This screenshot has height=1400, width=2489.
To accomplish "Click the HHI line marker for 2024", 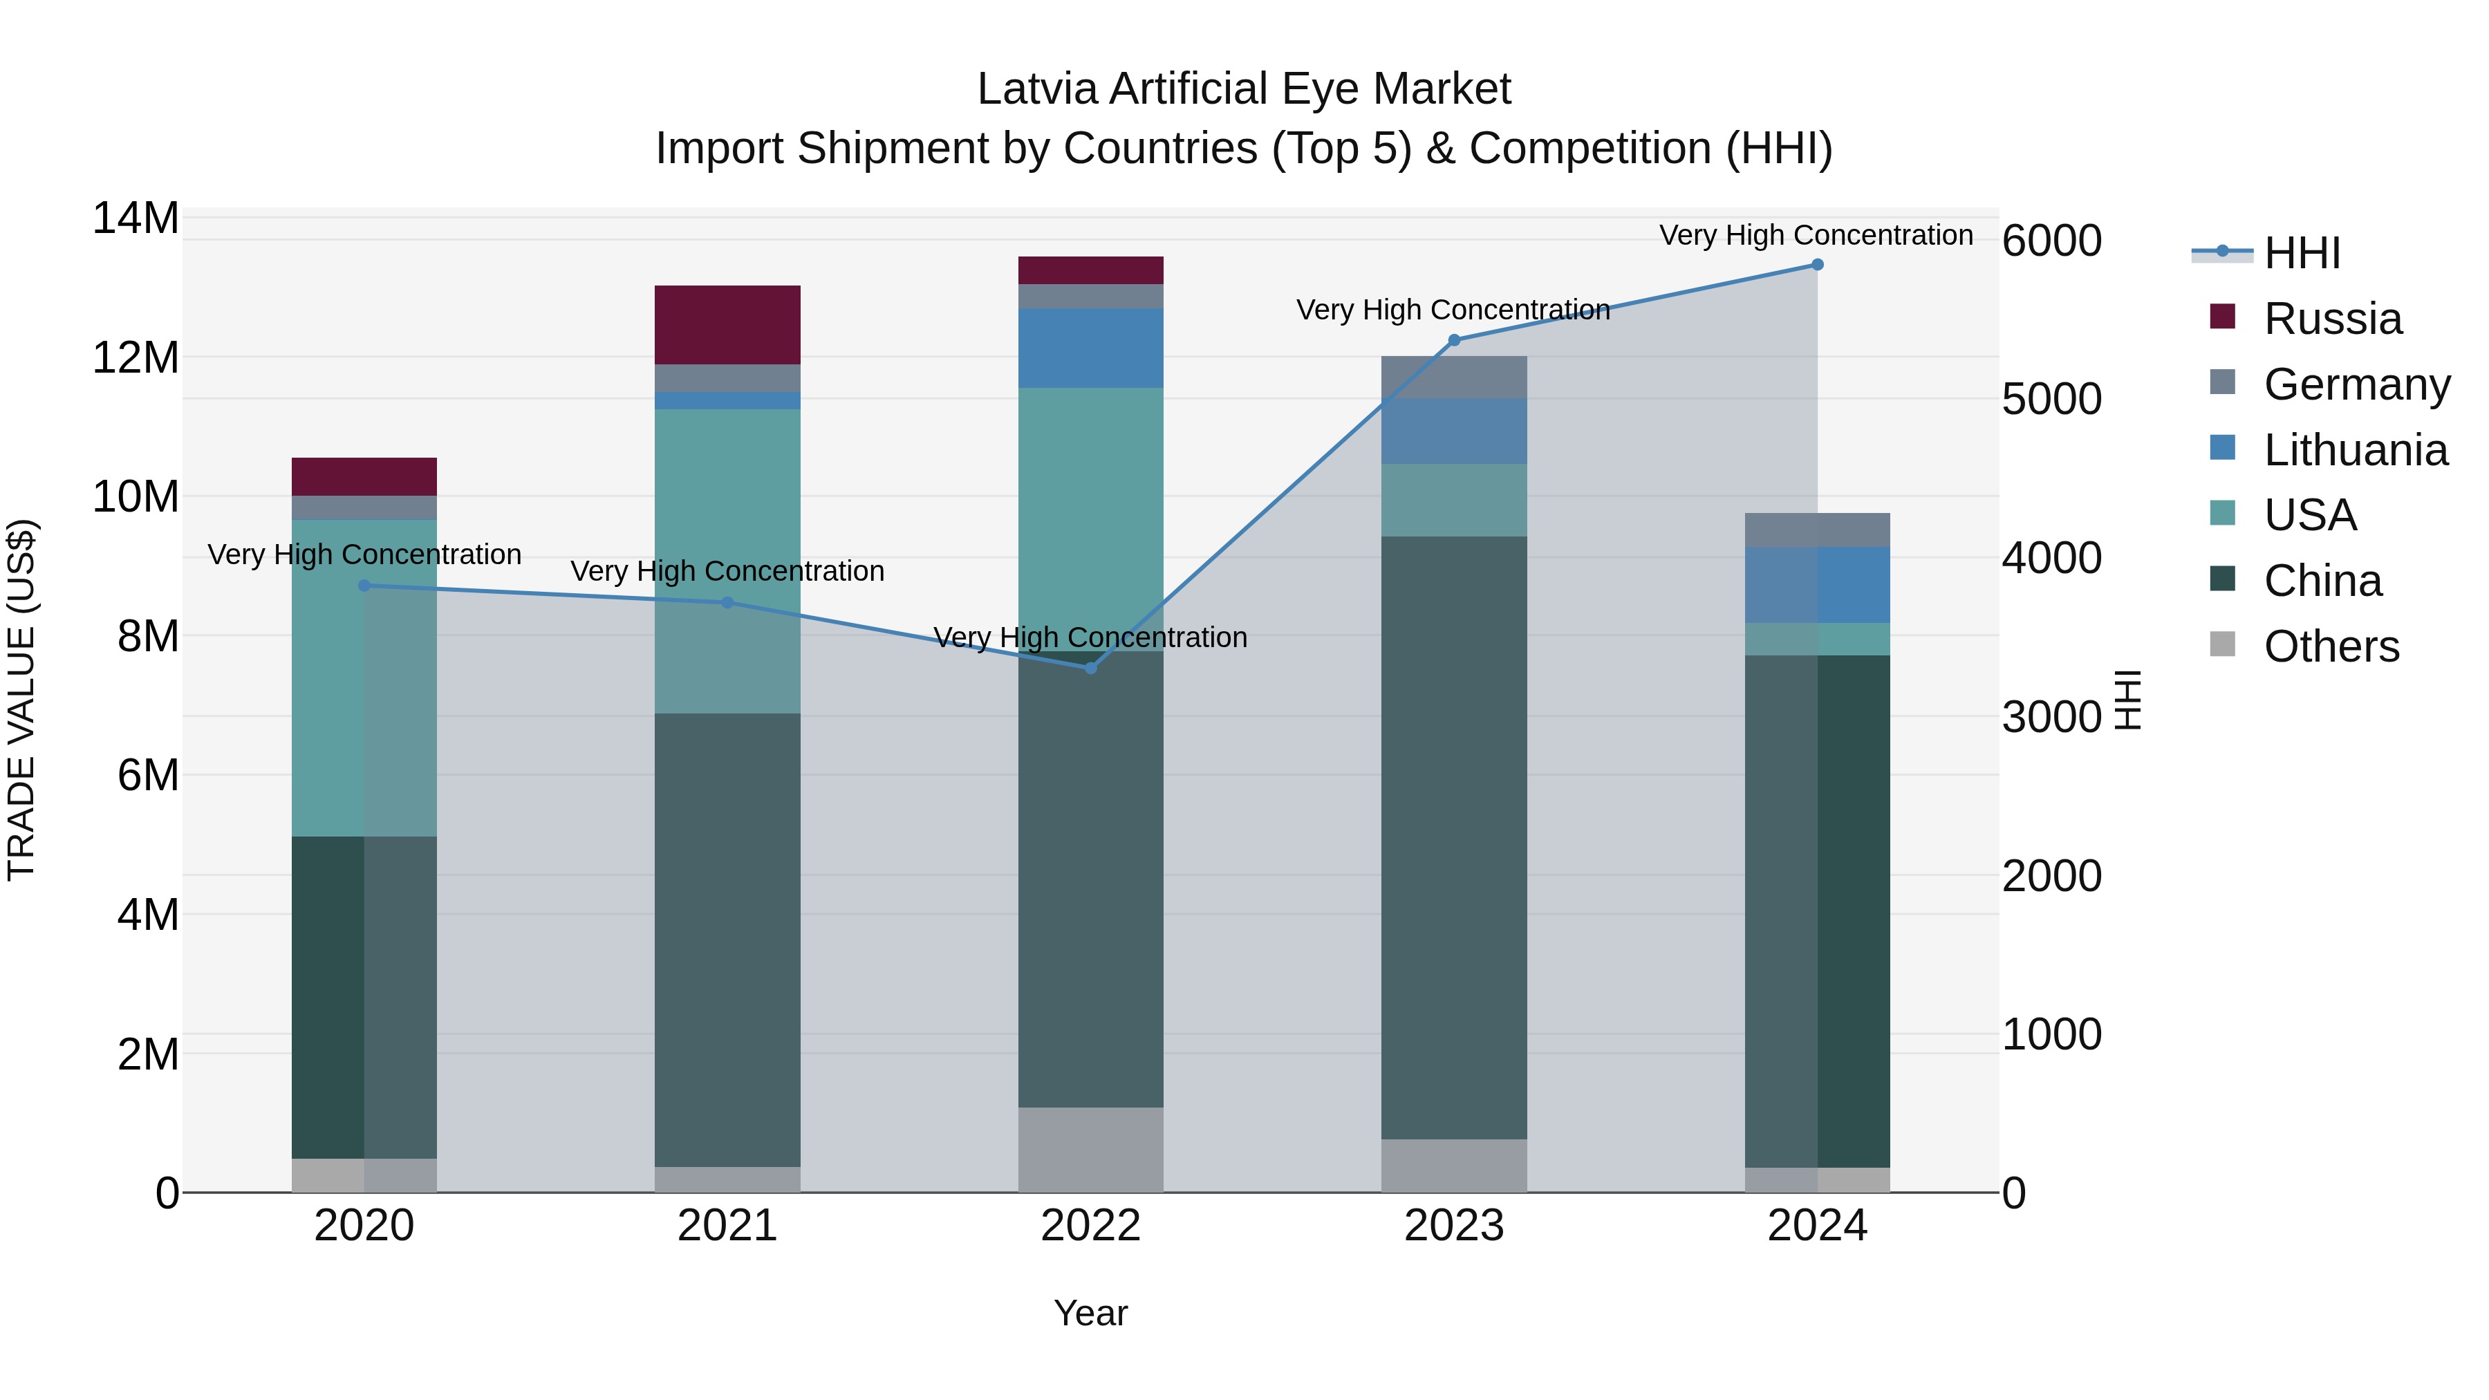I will click(x=1816, y=265).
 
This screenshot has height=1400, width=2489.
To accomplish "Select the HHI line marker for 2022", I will click(x=1091, y=668).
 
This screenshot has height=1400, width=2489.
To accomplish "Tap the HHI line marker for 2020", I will click(x=364, y=586).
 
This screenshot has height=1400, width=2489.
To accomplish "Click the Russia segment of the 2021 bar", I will click(x=727, y=325).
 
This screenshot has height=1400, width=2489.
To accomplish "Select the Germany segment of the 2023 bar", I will click(x=1454, y=377).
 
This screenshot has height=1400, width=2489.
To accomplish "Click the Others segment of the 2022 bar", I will click(x=1091, y=1149).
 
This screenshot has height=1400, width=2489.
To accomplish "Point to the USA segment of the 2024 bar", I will click(x=1816, y=639).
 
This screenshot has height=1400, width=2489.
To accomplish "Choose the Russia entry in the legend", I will click(x=2331, y=319).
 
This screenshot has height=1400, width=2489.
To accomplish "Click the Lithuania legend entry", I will click(x=2355, y=450).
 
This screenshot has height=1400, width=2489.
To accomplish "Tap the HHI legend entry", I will click(x=2302, y=253).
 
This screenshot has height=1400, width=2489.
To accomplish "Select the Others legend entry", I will click(x=2331, y=646).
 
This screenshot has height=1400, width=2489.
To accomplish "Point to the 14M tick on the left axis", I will click(x=136, y=218).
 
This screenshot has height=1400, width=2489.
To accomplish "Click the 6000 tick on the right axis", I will click(x=2051, y=241).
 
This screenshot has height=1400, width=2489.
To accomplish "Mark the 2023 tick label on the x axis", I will click(x=1454, y=1226).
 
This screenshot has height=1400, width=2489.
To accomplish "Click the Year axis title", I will click(x=1091, y=1313).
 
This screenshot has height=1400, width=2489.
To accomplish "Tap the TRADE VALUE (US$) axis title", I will click(x=21, y=700).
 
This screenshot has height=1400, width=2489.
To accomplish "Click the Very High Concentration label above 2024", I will click(x=1816, y=235).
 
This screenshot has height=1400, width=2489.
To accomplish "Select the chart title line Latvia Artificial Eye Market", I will click(x=1244, y=89).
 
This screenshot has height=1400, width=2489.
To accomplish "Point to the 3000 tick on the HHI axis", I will click(x=2051, y=717).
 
